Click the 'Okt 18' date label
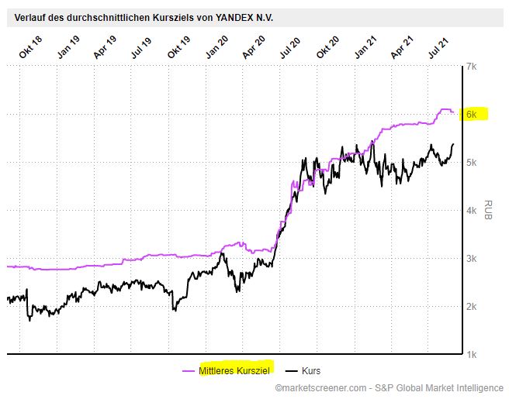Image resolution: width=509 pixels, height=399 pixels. [32, 45]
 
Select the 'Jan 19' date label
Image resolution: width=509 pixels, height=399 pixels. [69, 45]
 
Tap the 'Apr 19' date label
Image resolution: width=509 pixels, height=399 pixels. [105, 45]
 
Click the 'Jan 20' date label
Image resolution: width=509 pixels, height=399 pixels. [216, 45]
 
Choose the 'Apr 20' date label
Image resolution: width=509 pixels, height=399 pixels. [254, 45]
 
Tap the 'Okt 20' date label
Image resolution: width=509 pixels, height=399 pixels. [328, 45]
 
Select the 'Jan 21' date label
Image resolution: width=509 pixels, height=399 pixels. [365, 45]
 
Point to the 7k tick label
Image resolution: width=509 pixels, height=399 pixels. [470, 67]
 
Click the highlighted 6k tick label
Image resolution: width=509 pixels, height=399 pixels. [471, 115]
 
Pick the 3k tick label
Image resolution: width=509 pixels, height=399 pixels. [470, 258]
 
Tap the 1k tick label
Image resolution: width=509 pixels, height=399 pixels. [470, 354]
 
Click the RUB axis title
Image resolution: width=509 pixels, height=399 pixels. [489, 209]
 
